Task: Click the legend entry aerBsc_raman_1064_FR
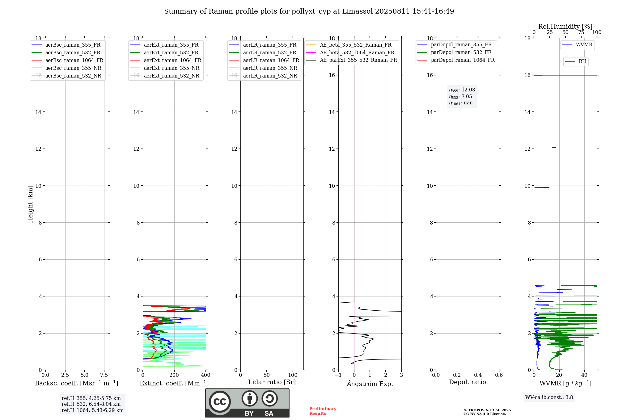[x=74, y=61]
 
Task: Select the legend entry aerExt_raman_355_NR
[x=171, y=68]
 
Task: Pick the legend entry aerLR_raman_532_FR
[x=269, y=53]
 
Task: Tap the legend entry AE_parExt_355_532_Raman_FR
[x=358, y=60]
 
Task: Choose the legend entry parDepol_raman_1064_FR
[x=463, y=60]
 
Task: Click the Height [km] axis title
[x=30, y=204]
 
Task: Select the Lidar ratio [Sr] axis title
[x=272, y=382]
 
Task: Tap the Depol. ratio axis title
[x=467, y=382]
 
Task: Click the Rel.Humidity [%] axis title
[x=565, y=27]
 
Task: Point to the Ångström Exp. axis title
[x=370, y=384]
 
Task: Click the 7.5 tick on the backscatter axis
[x=104, y=375]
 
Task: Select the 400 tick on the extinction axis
[x=205, y=375]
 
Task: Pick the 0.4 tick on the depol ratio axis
[x=478, y=375]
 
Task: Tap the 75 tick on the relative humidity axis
[x=581, y=32]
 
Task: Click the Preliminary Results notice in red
[x=323, y=411]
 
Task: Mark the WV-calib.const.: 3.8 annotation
[x=549, y=397]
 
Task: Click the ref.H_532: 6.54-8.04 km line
[x=91, y=404]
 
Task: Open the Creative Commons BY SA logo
[x=247, y=403]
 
